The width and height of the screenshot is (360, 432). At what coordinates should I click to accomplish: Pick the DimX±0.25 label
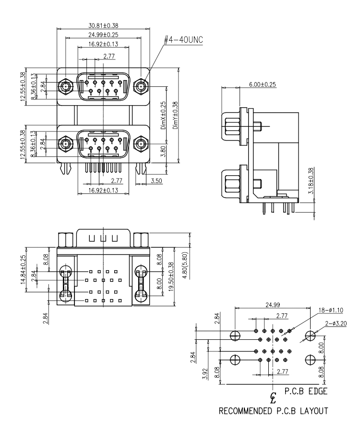click(163, 116)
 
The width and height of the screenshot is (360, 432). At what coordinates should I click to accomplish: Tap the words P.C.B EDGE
click(306, 392)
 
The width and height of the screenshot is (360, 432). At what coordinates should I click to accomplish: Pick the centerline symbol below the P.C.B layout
click(273, 397)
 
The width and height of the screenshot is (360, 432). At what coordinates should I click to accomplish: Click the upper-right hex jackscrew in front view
click(141, 87)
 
